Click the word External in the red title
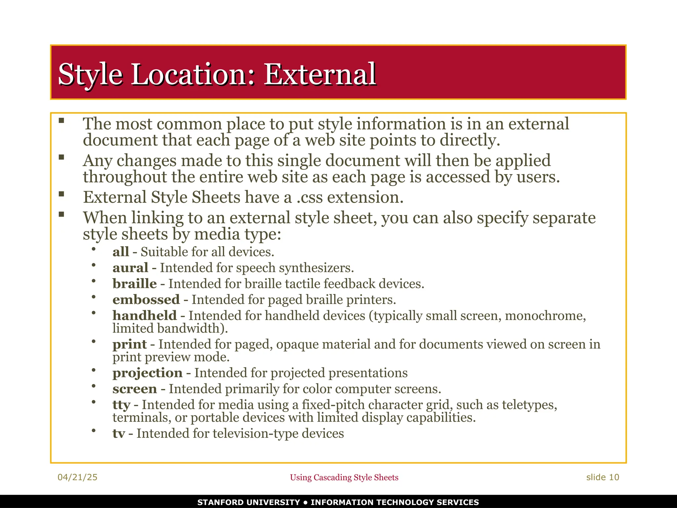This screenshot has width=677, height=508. (x=320, y=74)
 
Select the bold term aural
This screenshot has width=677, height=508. (x=130, y=268)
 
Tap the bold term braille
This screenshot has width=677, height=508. (x=135, y=284)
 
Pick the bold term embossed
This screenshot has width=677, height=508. (x=146, y=300)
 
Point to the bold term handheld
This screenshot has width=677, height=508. (x=144, y=316)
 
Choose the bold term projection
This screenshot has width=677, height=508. (x=147, y=373)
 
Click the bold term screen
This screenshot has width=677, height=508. (x=135, y=389)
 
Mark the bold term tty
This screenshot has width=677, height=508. (x=121, y=405)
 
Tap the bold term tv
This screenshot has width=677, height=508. (x=119, y=434)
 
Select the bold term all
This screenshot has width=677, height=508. (x=121, y=252)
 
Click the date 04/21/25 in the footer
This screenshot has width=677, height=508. (x=77, y=477)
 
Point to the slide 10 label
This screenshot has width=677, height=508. (x=602, y=477)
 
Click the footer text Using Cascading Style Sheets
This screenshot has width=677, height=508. (x=344, y=478)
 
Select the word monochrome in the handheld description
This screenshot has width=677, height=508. (x=545, y=316)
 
